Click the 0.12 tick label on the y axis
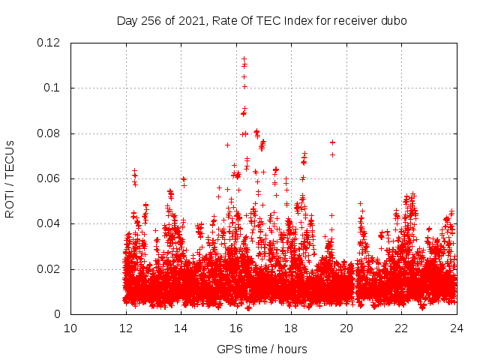coord(49,43)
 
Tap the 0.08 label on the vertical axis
coord(49,133)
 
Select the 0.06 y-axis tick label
coord(49,178)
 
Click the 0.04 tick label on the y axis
coord(49,223)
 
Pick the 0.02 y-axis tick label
coord(49,269)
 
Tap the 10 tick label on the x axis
coord(70,328)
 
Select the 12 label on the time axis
coord(126,328)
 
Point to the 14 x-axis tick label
coord(181,328)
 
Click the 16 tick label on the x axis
coord(236,328)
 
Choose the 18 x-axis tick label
coord(291,328)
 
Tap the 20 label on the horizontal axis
coord(346,328)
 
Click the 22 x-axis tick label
coord(401,328)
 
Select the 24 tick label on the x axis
coord(457,328)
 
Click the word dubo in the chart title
coord(393,21)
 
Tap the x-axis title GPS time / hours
coord(262,349)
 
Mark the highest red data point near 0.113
coord(244,58)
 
